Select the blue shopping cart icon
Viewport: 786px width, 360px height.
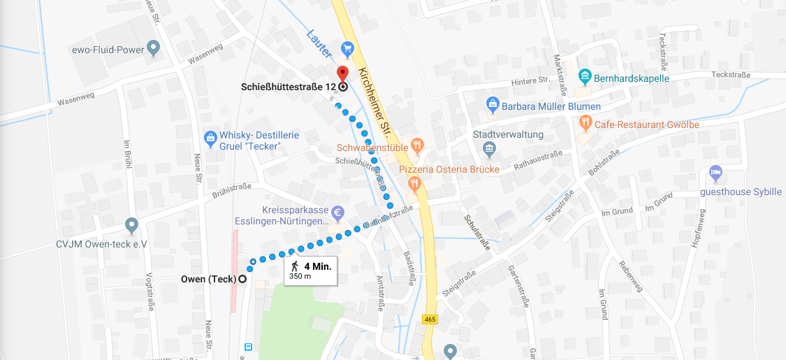[x=347, y=49]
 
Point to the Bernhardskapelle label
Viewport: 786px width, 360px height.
[x=632, y=78]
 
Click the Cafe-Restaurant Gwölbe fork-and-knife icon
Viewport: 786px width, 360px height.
[x=585, y=124]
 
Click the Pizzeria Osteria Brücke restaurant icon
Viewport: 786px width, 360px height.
[x=414, y=184]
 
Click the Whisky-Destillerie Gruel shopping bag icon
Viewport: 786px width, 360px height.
[x=210, y=138]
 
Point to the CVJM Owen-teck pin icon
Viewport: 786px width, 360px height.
[x=131, y=226]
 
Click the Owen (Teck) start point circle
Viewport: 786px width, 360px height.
[x=242, y=279]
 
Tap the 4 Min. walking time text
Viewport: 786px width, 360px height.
[x=317, y=266]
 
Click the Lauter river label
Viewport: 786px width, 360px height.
[x=317, y=44]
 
